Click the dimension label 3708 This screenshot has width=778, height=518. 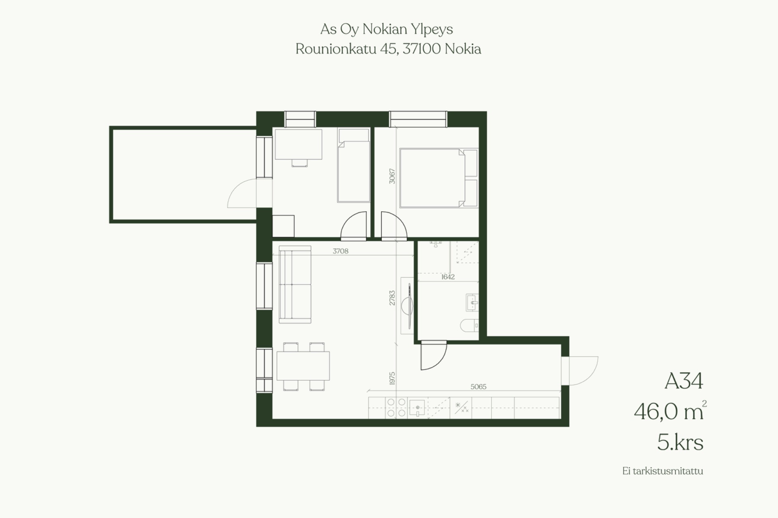(x=340, y=251)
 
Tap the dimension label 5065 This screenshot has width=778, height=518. (x=478, y=386)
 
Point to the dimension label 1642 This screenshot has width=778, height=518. (x=448, y=277)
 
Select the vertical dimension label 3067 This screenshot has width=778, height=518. (x=392, y=176)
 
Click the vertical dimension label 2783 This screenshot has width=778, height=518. (x=392, y=298)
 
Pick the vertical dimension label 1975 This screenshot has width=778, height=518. (x=392, y=378)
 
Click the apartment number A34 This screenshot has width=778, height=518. (x=684, y=381)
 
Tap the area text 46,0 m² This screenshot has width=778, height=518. (x=670, y=411)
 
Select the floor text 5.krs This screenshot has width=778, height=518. (x=680, y=442)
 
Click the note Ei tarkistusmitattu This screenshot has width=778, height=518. (x=663, y=471)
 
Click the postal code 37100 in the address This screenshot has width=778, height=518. (x=422, y=49)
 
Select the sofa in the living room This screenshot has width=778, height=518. (x=295, y=284)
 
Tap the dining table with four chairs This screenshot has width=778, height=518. (x=303, y=366)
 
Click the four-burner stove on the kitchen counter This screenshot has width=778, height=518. (x=396, y=408)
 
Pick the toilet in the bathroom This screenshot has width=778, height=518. (x=470, y=325)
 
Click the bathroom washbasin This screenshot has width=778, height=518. (x=472, y=302)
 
